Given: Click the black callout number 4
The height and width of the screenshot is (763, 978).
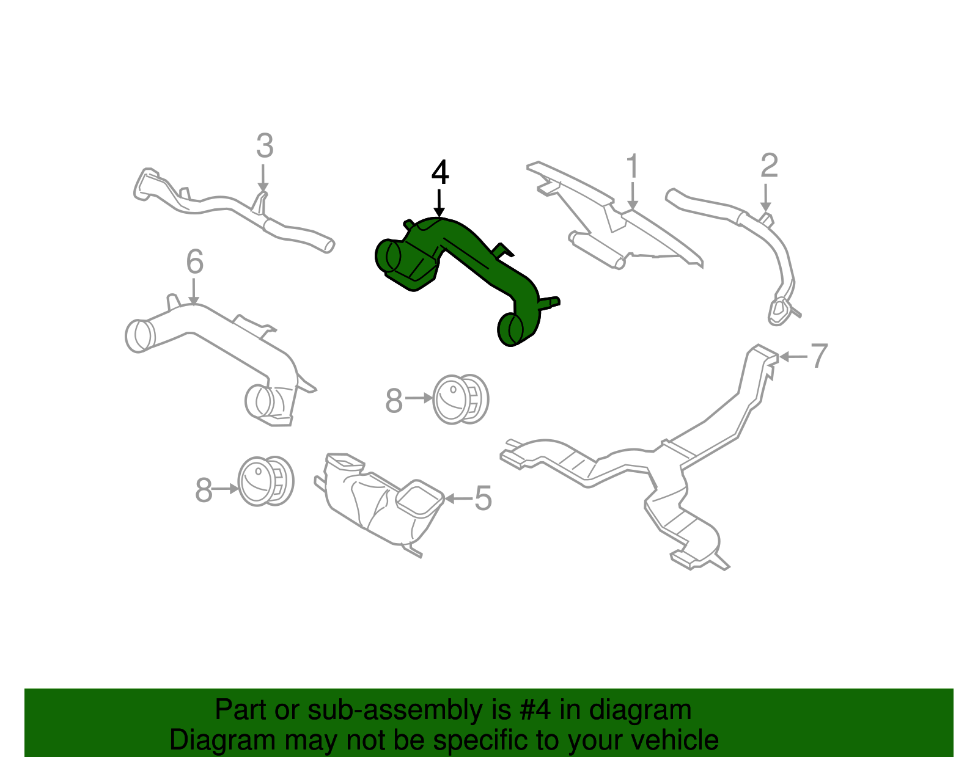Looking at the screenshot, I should pos(439,173).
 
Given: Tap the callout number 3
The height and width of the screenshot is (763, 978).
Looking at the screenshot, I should pos(264,147).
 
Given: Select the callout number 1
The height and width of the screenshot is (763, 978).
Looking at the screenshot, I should pos(632,167).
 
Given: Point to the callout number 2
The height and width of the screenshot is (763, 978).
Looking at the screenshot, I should pos(769,166).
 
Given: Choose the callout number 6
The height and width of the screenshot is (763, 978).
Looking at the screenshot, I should pos(194,263).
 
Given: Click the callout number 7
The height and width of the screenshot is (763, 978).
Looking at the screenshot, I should pos(818,356).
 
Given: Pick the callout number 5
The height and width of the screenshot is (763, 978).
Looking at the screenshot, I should pos(483,498).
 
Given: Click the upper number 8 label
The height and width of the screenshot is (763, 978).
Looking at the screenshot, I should pos(394,401).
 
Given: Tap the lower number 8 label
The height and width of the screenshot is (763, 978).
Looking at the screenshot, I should pos(204,490).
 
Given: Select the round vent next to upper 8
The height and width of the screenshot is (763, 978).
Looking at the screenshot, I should pos(460,399).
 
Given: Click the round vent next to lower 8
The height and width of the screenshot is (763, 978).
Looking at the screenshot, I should pos(265,481).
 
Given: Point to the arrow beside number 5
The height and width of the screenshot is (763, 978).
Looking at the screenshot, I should pos(457,498).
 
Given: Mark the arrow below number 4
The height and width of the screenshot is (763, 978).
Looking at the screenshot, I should pos(439,202).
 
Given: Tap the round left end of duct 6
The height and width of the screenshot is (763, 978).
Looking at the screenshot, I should pos(139,335).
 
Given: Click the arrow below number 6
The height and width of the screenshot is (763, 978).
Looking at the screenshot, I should pos(194,291).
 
